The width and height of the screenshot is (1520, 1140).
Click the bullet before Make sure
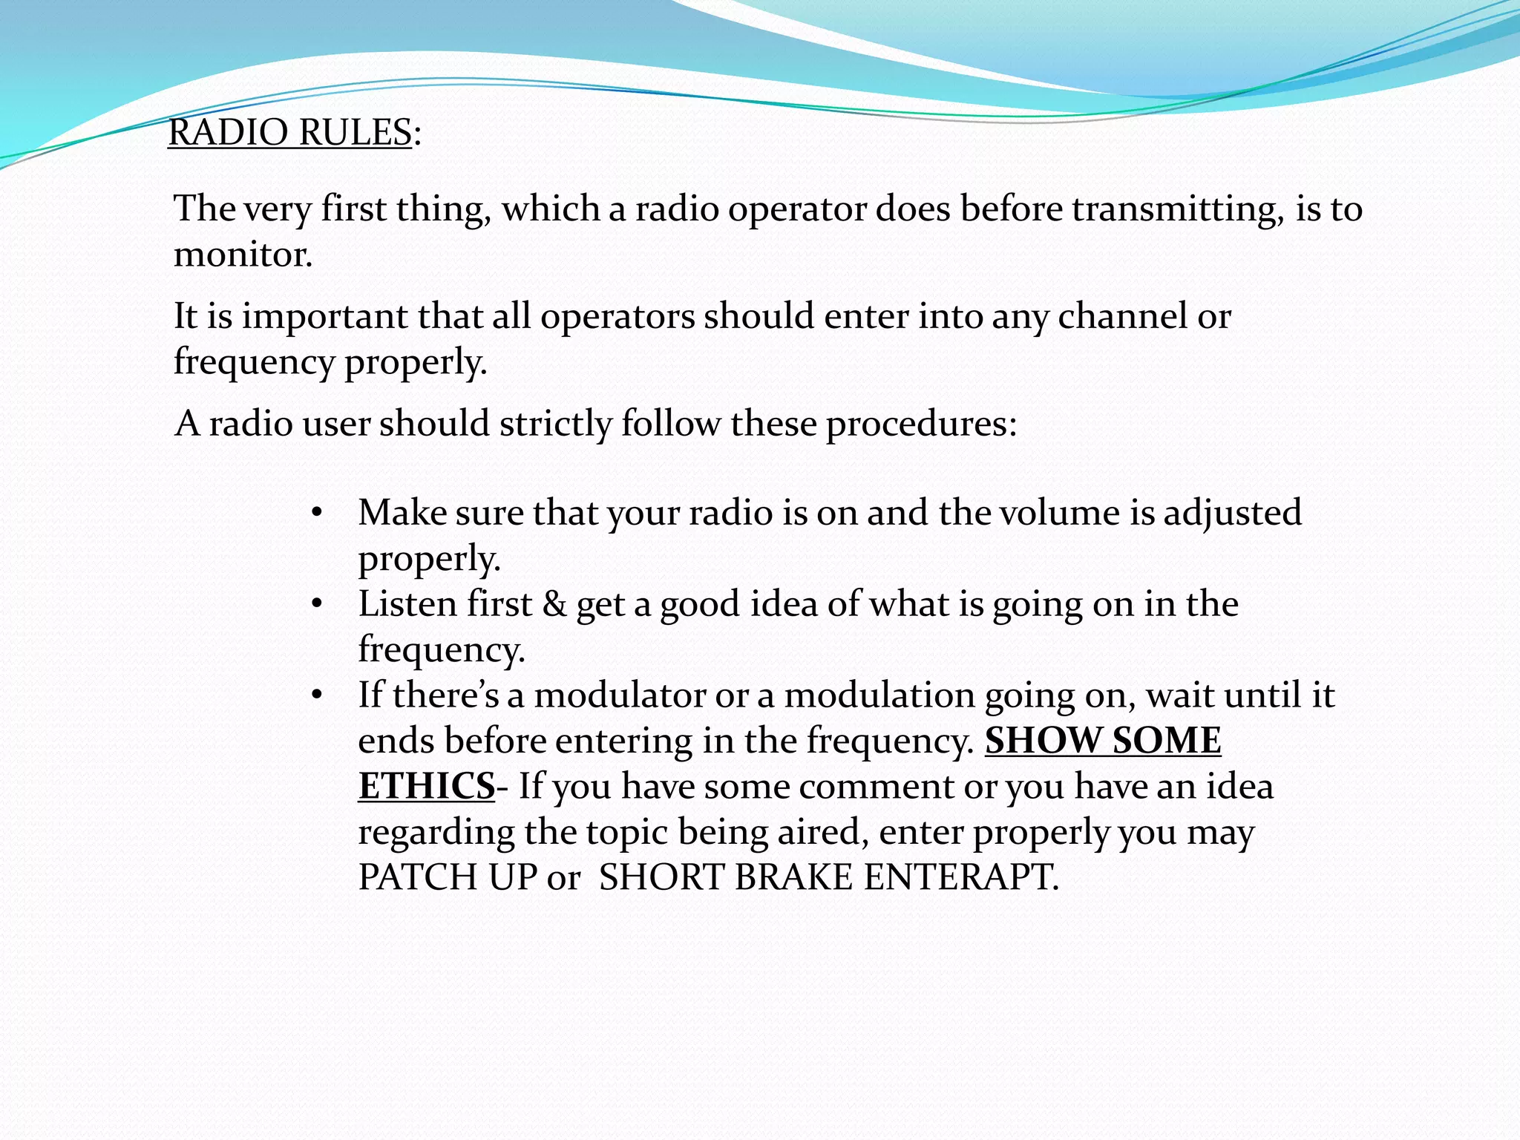317,514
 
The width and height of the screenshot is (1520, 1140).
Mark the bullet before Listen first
317,605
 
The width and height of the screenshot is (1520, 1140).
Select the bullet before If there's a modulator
317,696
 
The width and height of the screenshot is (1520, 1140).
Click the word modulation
879,695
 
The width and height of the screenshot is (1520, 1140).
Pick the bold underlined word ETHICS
426,787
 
